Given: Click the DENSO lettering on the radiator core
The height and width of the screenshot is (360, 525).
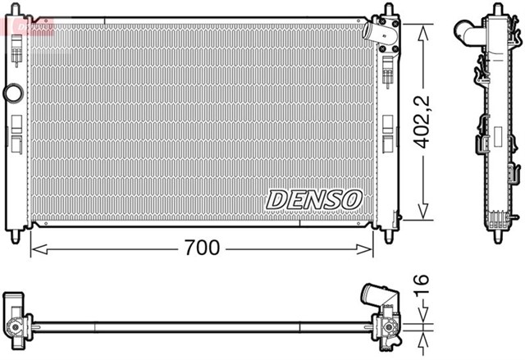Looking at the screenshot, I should tap(313, 198).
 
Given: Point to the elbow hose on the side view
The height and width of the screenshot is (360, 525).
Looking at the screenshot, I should tap(469, 33).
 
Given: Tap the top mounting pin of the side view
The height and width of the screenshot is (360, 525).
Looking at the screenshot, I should tap(496, 9).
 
